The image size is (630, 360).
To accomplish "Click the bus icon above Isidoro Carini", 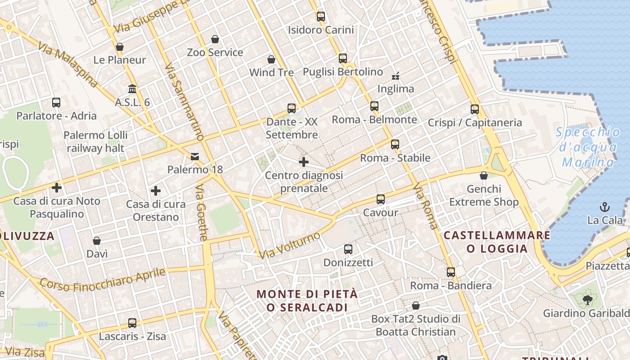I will point(321,17).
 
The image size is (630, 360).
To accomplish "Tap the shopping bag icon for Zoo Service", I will point(215,39).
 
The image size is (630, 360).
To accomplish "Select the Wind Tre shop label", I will point(271,72).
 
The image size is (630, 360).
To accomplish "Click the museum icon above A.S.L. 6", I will point(132,89).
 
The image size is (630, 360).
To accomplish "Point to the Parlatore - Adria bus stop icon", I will point(56,103).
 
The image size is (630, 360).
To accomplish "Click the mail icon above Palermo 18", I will point(195,157).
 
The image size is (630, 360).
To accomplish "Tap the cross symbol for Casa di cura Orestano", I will point(156,191).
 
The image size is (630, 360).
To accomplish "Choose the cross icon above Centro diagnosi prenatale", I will point(304,162).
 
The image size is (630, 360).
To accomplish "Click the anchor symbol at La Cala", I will point(605,207).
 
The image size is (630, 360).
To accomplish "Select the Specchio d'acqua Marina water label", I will point(588,147).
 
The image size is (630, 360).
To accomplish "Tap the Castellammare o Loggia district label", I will point(497,242).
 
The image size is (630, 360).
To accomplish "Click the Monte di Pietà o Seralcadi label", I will point(307,301).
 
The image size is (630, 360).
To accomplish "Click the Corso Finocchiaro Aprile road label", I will point(103,279).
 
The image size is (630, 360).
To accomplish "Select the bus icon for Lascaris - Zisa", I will point(132,323).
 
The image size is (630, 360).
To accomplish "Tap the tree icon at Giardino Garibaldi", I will point(587,300).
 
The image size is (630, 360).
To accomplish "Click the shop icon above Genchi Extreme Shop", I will point(484,175).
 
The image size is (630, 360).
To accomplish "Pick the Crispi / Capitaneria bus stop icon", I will point(475,109).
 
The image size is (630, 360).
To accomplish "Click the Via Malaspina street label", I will point(67,64).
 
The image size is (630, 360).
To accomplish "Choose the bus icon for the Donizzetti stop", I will point(348,249).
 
